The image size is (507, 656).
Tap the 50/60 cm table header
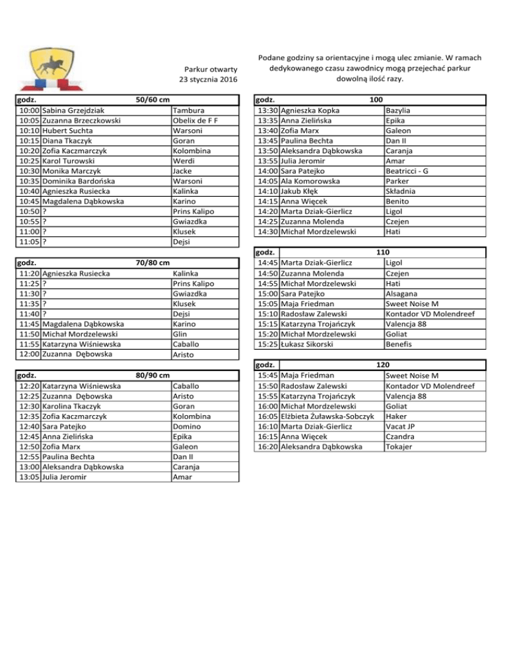pyautogui.click(x=152, y=100)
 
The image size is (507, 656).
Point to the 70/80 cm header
pyautogui.click(x=152, y=263)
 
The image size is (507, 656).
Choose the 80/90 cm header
pyautogui.click(x=152, y=375)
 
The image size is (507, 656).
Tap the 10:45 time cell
pyautogui.click(x=28, y=201)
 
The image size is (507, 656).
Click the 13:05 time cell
pyautogui.click(x=28, y=477)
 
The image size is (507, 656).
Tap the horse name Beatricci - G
pyautogui.click(x=407, y=171)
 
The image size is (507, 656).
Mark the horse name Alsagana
pyautogui.click(x=403, y=293)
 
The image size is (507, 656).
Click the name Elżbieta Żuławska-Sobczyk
pyautogui.click(x=328, y=416)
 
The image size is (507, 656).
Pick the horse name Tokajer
pyautogui.click(x=401, y=447)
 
